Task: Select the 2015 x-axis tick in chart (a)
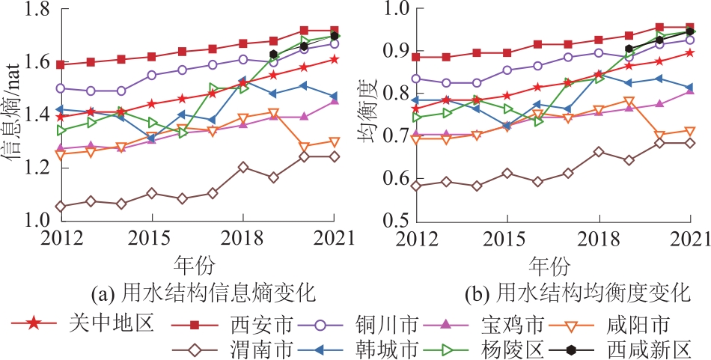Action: pyautogui.click(x=152, y=238)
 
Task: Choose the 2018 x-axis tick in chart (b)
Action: pyautogui.click(x=599, y=238)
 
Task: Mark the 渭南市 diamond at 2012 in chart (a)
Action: pyautogui.click(x=61, y=206)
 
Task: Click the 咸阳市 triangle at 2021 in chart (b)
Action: pyautogui.click(x=689, y=132)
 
